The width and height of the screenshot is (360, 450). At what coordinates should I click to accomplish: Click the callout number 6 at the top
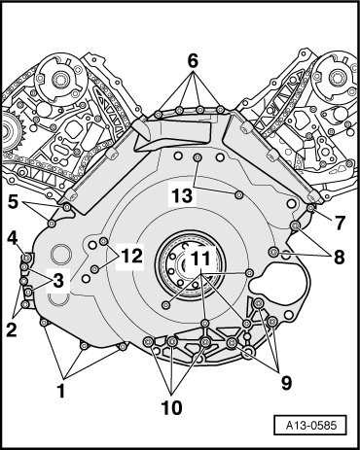coord(193,61)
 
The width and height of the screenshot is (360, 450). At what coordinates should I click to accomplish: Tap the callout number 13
coord(182,196)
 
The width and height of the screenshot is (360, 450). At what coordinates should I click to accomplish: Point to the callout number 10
coord(172,407)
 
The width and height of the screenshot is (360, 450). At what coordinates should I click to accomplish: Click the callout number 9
coord(287,383)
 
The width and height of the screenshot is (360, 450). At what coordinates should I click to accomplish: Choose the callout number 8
coord(340,258)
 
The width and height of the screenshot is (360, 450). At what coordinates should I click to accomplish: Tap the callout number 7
coord(340,223)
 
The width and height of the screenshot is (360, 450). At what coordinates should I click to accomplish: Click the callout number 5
coord(13,202)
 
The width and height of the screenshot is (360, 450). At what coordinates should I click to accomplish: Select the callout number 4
coord(13,239)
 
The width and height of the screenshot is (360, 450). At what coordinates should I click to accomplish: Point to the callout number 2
coord(12,329)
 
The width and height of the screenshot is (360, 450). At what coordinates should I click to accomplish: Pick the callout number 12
coord(131,256)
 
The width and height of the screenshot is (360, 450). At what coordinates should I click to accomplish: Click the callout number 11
coord(200,259)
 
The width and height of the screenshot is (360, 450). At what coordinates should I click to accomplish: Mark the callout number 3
coord(58,281)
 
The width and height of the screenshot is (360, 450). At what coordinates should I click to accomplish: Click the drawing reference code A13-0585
coord(311,425)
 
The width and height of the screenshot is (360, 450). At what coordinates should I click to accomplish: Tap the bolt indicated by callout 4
coord(27,258)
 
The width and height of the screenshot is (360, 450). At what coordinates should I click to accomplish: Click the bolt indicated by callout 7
coord(310,208)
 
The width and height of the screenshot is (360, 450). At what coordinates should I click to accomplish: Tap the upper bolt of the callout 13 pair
coord(198,157)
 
